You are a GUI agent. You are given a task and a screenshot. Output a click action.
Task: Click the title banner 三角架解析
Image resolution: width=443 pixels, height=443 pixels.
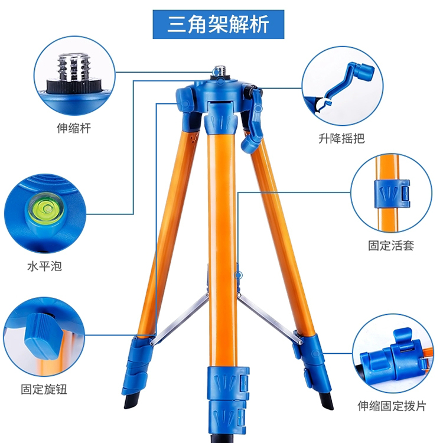click(218, 24)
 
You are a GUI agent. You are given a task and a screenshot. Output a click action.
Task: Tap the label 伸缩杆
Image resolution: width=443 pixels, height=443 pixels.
click(74, 128)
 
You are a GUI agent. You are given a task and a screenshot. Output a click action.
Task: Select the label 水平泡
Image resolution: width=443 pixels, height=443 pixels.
click(44, 266)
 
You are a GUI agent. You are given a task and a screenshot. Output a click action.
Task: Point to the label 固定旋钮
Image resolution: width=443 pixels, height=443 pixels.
click(44, 389)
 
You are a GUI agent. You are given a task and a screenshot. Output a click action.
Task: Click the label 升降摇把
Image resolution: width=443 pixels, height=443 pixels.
click(341, 138)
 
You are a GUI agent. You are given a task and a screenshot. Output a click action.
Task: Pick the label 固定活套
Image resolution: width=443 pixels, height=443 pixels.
click(391, 246)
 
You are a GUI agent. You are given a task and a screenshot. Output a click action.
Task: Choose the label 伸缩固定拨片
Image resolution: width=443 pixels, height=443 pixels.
click(392, 406)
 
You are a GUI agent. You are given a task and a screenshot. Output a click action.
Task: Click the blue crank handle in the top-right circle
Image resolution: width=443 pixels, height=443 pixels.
click(350, 82)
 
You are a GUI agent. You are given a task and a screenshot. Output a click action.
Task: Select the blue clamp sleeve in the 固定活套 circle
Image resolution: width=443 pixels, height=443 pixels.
click(392, 194)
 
